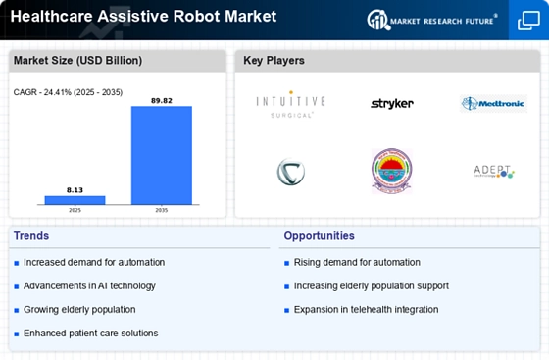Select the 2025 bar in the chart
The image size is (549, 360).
tap(75, 200)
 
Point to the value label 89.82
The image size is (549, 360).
tap(162, 99)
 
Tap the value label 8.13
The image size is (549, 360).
tap(75, 189)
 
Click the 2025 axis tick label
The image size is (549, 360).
tap(75, 210)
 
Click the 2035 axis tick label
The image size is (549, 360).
tap(162, 210)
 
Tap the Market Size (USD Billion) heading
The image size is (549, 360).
tap(77, 61)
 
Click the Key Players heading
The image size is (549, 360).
tap(274, 61)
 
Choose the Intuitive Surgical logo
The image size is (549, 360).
tap(290, 104)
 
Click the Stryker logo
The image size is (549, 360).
tap(391, 103)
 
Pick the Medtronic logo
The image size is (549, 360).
tap(493, 104)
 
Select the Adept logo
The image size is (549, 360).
tap(493, 171)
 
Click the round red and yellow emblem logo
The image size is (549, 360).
tap(391, 171)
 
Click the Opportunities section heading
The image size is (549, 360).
tap(320, 236)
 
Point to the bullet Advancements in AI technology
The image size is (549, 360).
tap(91, 285)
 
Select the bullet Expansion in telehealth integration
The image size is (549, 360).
tap(366, 309)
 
